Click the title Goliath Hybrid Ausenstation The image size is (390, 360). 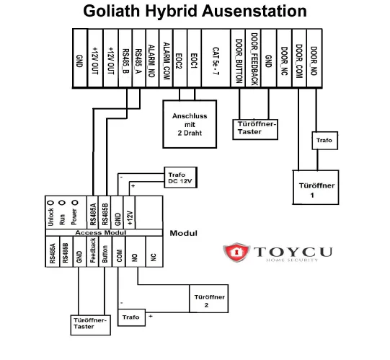[195, 12]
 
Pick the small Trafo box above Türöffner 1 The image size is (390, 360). [324, 140]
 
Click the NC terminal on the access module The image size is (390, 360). [152, 256]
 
